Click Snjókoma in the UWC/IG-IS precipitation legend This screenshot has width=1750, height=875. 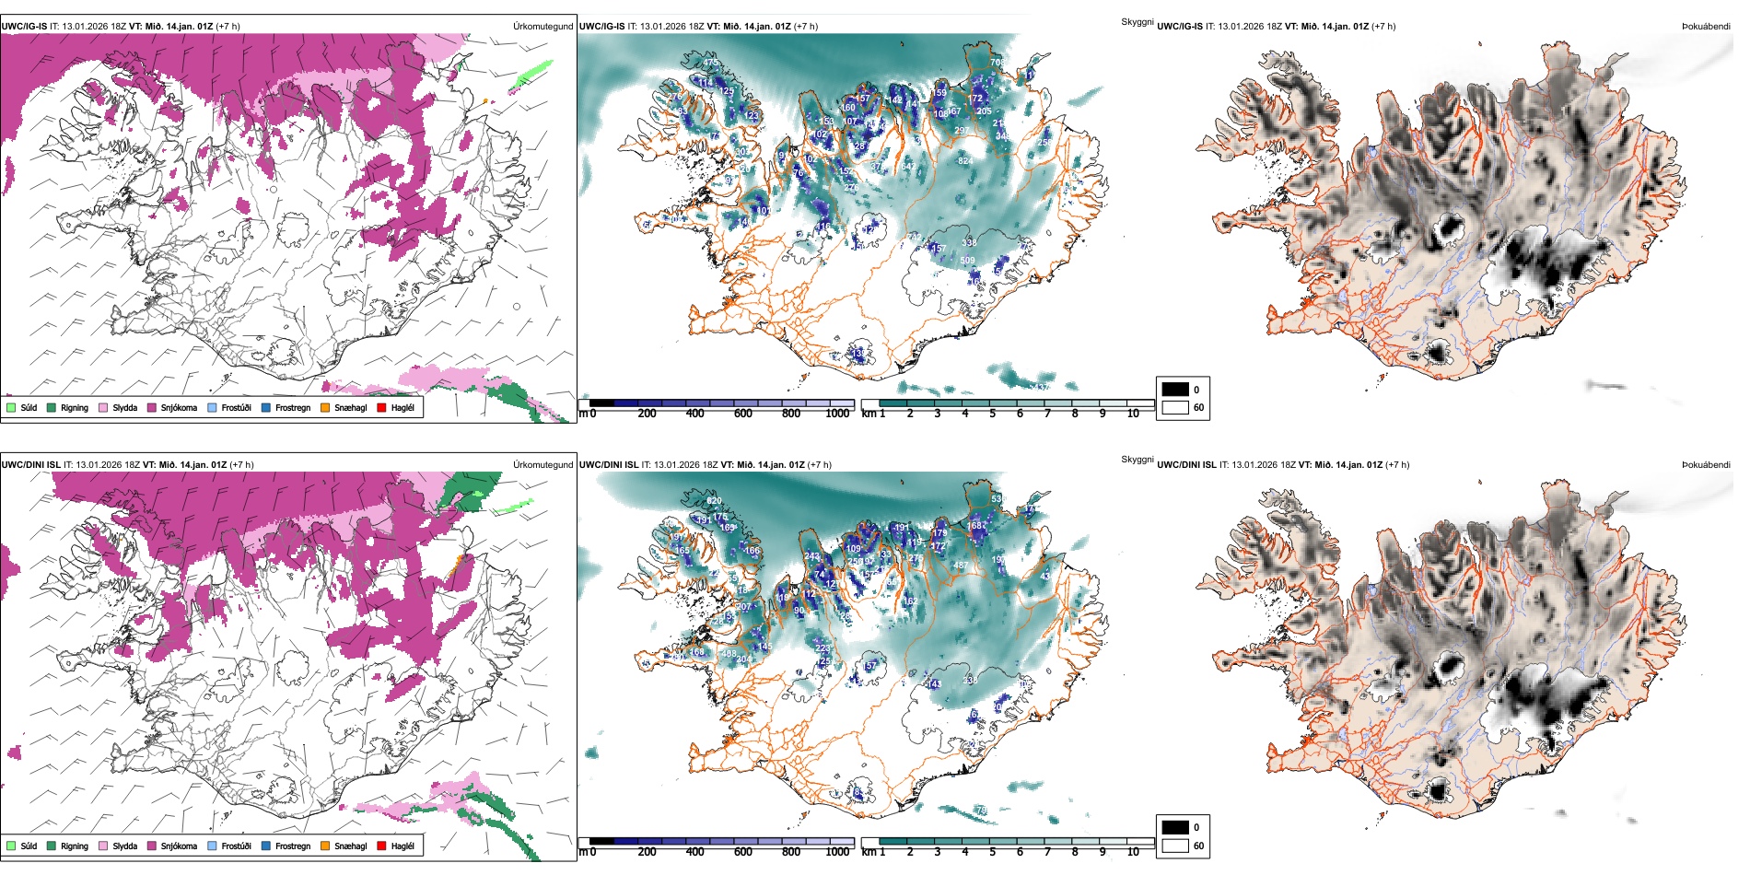click(x=179, y=407)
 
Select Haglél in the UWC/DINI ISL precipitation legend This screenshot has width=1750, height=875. click(x=402, y=846)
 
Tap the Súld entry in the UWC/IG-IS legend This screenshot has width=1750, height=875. click(x=29, y=407)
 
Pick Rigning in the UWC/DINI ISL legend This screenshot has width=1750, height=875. click(x=75, y=846)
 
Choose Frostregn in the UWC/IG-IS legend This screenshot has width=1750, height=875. click(x=293, y=407)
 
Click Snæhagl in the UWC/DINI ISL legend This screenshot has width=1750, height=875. click(x=350, y=846)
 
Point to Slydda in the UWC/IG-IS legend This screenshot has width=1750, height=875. click(x=124, y=407)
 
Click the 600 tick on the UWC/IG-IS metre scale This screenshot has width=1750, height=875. click(x=743, y=414)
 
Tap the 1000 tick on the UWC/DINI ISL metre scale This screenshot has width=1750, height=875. click(x=837, y=852)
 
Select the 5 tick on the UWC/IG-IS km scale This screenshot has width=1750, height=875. click(x=992, y=414)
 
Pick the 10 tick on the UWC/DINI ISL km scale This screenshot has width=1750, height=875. click(x=1133, y=852)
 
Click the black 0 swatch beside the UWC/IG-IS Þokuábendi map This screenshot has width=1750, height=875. click(x=1175, y=389)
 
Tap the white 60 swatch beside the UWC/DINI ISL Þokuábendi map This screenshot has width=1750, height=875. click(x=1175, y=845)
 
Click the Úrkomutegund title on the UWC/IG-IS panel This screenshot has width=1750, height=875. click(x=542, y=26)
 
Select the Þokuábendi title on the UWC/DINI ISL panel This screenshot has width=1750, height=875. click(x=1706, y=464)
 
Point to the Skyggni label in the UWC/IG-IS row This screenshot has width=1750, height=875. click(x=1137, y=21)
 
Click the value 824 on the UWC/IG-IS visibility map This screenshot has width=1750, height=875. click(x=965, y=161)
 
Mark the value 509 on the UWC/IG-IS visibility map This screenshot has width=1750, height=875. click(x=967, y=261)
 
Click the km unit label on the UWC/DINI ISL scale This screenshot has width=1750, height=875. click(x=868, y=852)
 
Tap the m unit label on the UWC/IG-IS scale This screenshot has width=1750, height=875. click(x=582, y=414)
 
